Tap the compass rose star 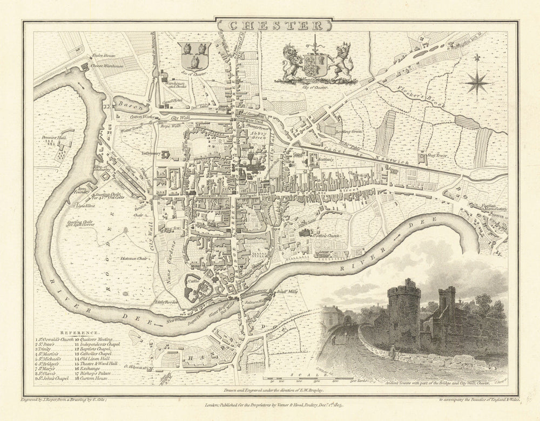pyautogui.click(x=477, y=83)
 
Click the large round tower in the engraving pyautogui.click(x=404, y=313)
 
